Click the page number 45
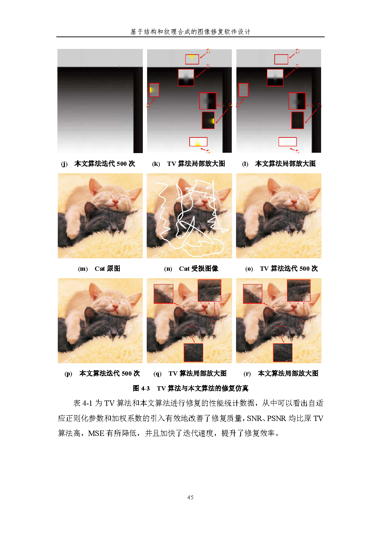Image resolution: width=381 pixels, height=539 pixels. click(x=190, y=498)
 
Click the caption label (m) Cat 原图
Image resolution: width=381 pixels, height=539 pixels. click(x=99, y=269)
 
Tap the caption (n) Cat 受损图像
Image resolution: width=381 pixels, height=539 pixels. click(x=191, y=269)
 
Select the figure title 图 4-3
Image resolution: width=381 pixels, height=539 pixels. click(x=141, y=388)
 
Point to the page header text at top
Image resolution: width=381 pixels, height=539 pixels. click(x=190, y=32)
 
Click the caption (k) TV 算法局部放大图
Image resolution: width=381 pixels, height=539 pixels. click(x=189, y=164)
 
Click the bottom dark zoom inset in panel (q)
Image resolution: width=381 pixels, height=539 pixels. click(x=193, y=353)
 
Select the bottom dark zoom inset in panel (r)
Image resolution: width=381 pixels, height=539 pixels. click(x=282, y=353)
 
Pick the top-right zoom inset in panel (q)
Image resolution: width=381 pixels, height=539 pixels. click(x=209, y=290)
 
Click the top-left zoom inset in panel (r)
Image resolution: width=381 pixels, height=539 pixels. click(x=252, y=294)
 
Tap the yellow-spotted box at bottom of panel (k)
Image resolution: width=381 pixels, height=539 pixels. click(x=198, y=142)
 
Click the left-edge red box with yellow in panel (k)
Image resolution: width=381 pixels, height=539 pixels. click(x=154, y=90)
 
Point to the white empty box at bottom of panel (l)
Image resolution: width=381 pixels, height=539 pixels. click(x=287, y=142)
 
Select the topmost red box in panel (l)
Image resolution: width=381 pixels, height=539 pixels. click(x=281, y=59)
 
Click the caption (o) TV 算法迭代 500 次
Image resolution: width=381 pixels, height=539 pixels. click(x=281, y=269)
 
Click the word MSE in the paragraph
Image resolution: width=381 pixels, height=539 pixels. click(x=96, y=433)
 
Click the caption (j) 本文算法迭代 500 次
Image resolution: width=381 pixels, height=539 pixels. click(x=98, y=164)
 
